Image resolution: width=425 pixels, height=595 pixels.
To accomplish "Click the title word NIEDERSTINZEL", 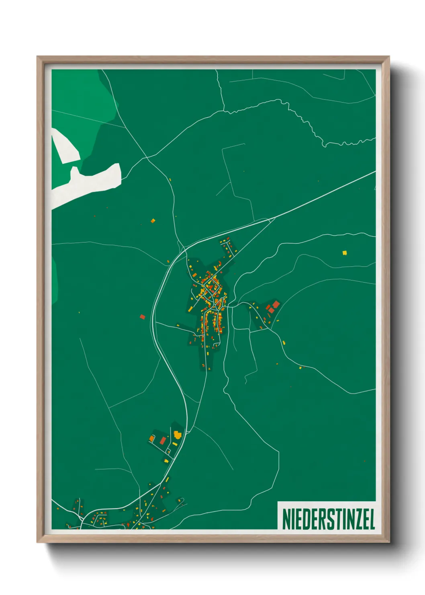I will pos(328,519).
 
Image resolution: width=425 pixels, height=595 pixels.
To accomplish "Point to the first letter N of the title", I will pos(287,519).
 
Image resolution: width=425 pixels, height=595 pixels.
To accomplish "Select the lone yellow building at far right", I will pos(344,253).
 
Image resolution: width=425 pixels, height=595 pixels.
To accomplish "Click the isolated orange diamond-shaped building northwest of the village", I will pos(153,220).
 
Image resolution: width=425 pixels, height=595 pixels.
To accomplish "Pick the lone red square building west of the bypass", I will pos(142,317).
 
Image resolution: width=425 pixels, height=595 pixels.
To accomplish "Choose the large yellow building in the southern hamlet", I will pos(177,435).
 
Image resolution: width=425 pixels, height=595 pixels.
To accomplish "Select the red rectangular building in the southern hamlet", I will pos(163,441).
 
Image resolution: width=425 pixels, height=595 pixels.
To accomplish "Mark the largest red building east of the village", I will pos(275,304).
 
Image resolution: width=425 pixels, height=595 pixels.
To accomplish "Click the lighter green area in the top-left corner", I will pos(78,101).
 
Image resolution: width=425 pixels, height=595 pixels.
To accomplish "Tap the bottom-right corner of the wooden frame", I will pos(389,542).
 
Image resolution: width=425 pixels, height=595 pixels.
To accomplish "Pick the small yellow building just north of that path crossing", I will pos(170,180).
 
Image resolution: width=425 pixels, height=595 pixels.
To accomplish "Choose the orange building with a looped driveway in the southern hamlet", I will pos(152,438).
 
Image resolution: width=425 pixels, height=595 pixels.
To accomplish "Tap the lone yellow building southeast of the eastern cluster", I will pos(284,343).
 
